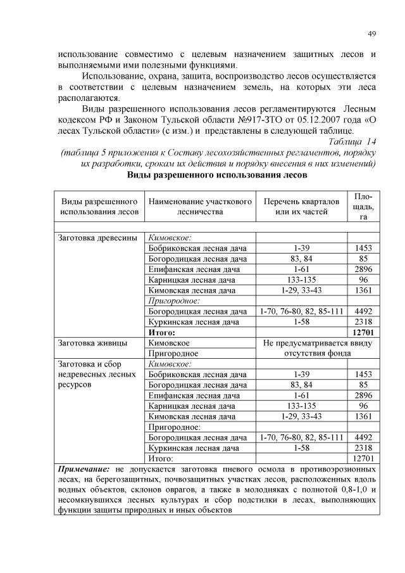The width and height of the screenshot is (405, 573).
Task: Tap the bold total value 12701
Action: point(363,332)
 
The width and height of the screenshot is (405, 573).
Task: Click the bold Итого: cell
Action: point(161,332)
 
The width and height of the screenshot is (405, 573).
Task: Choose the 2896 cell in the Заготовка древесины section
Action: point(363,269)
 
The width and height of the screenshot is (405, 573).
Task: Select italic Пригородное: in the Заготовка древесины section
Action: point(173,301)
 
